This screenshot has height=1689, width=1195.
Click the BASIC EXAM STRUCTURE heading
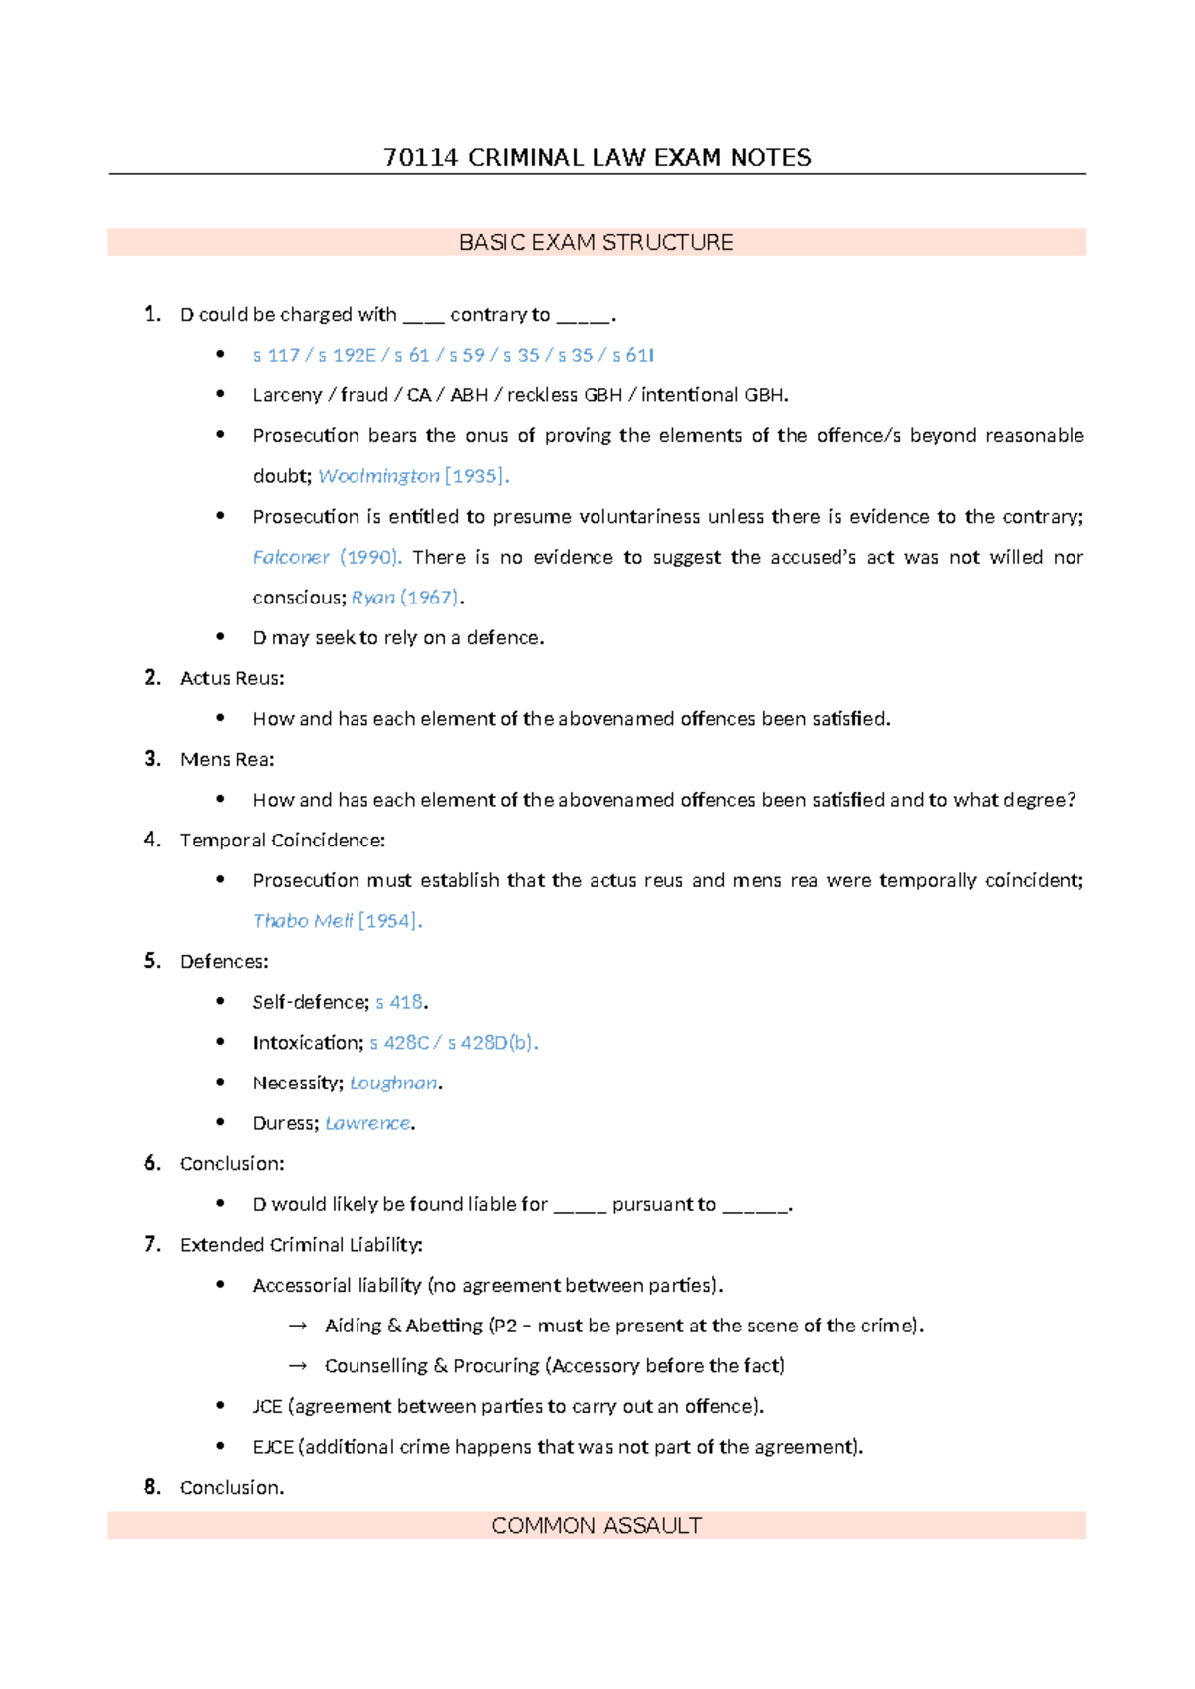[596, 242]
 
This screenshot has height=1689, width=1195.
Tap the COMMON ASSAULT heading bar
[596, 1525]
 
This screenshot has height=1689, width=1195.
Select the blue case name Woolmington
[378, 476]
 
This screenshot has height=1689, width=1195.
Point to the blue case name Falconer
[291, 557]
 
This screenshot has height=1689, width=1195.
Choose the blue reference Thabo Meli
[303, 921]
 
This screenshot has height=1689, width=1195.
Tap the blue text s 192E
[348, 355]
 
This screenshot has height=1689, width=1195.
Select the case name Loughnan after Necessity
[392, 1083]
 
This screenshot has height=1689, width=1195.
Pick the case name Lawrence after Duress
[367, 1123]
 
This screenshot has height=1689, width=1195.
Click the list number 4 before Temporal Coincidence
[151, 840]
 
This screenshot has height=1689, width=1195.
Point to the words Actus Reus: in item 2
[232, 678]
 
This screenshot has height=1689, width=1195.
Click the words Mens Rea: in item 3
[227, 759]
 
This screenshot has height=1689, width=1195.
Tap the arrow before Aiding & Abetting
[297, 1326]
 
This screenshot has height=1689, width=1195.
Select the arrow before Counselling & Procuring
[297, 1366]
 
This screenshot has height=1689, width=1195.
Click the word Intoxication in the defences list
[307, 1043]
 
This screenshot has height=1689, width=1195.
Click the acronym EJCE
[273, 1447]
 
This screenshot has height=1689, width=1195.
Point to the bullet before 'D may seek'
[220, 637]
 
